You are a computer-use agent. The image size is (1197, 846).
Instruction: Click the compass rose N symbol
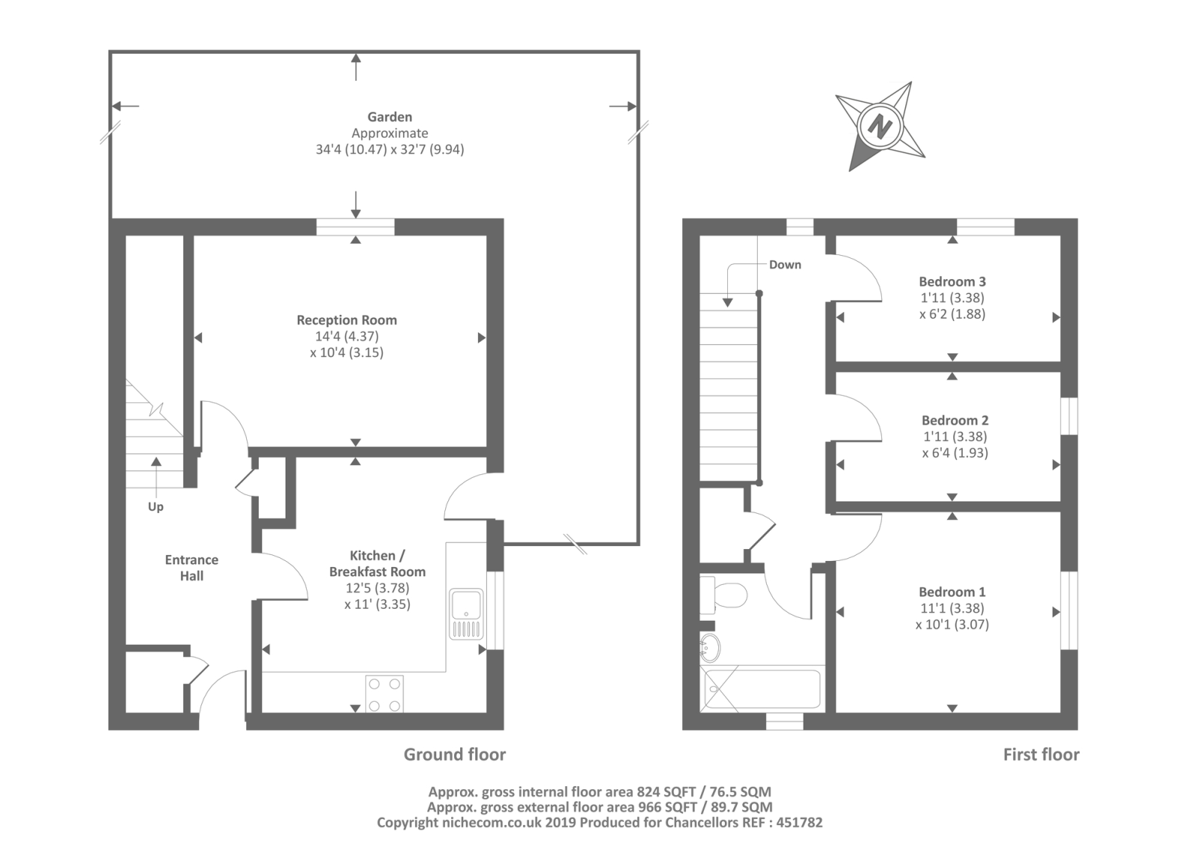click(x=880, y=126)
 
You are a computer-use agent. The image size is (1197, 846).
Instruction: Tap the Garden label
click(x=390, y=117)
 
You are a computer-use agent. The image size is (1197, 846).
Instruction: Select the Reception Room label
click(x=347, y=320)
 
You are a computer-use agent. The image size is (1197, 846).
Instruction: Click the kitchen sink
click(x=467, y=614)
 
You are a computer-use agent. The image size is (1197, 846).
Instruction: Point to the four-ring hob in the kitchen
click(x=385, y=694)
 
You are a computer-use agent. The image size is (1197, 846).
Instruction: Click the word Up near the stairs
click(x=156, y=506)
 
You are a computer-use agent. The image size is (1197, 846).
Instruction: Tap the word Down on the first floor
click(x=785, y=265)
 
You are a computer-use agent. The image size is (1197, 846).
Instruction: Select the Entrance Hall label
click(x=192, y=568)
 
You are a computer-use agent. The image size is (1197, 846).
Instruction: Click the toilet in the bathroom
click(x=724, y=595)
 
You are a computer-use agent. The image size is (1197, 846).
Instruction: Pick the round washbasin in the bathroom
click(x=709, y=649)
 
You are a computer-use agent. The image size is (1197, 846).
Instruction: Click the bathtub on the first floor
click(x=762, y=690)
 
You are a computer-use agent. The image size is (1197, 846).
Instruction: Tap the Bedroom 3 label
click(x=952, y=282)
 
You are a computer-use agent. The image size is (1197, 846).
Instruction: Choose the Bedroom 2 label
click(x=955, y=420)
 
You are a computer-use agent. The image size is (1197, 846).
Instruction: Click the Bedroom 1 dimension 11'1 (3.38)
click(x=952, y=608)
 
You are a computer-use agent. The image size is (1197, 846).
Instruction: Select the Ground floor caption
click(x=454, y=755)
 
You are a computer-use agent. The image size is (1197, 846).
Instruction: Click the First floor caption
click(x=1041, y=755)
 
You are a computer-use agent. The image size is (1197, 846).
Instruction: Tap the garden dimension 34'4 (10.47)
click(x=351, y=150)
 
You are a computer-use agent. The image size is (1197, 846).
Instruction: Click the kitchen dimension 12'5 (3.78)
click(x=377, y=588)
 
